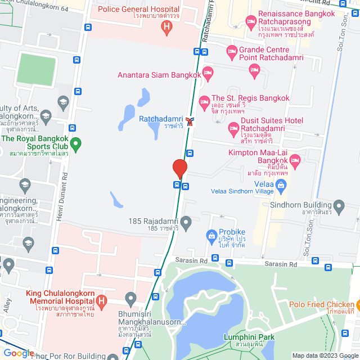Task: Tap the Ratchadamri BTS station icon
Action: (x=192, y=120)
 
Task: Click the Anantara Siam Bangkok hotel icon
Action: (x=208, y=71)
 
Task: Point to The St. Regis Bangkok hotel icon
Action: (x=204, y=101)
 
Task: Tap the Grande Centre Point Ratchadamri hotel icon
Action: (x=231, y=52)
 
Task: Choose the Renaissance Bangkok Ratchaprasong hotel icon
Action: (x=251, y=22)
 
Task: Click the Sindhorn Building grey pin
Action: (x=339, y=205)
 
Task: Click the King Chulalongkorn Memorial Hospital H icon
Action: (x=101, y=302)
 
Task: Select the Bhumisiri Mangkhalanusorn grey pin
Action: (x=131, y=298)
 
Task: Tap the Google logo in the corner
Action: (x=19, y=353)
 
